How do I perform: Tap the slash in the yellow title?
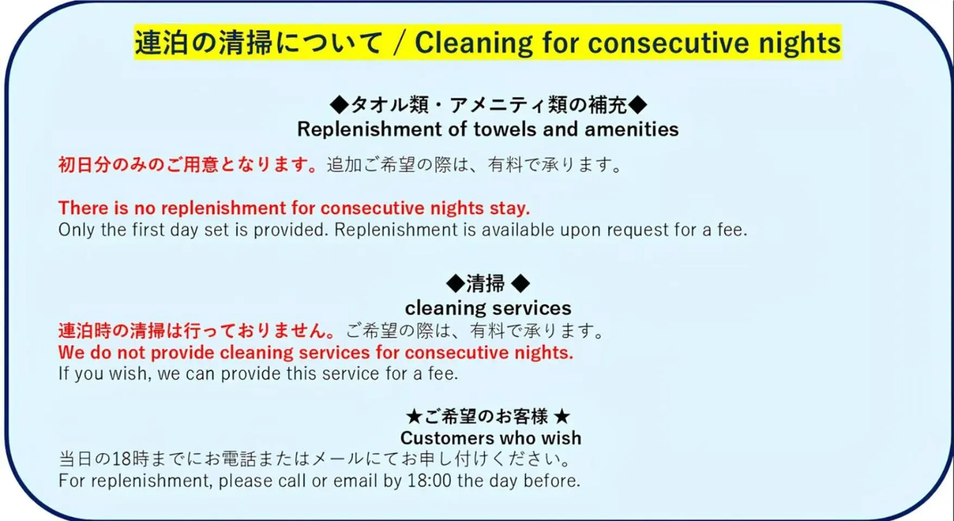click(400, 43)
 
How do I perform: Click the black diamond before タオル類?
click(339, 104)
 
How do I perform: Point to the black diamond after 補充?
click(637, 104)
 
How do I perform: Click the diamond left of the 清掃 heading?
click(455, 283)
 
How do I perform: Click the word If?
click(64, 374)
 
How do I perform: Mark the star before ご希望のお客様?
click(414, 417)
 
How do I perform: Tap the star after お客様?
click(562, 417)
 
